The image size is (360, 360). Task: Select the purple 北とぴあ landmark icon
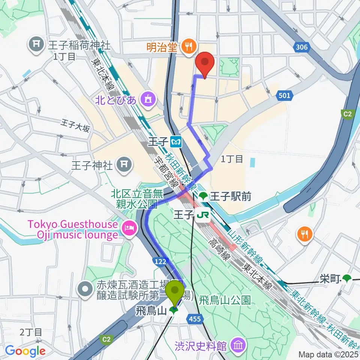point(147,99)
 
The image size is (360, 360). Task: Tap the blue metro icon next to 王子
point(175,142)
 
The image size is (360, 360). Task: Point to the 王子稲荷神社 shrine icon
point(37,45)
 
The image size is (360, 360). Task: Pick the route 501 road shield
point(284,96)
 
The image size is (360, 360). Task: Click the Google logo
point(25,351)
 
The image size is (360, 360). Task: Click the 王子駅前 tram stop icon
point(203,195)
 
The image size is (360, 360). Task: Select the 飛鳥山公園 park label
point(224,300)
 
